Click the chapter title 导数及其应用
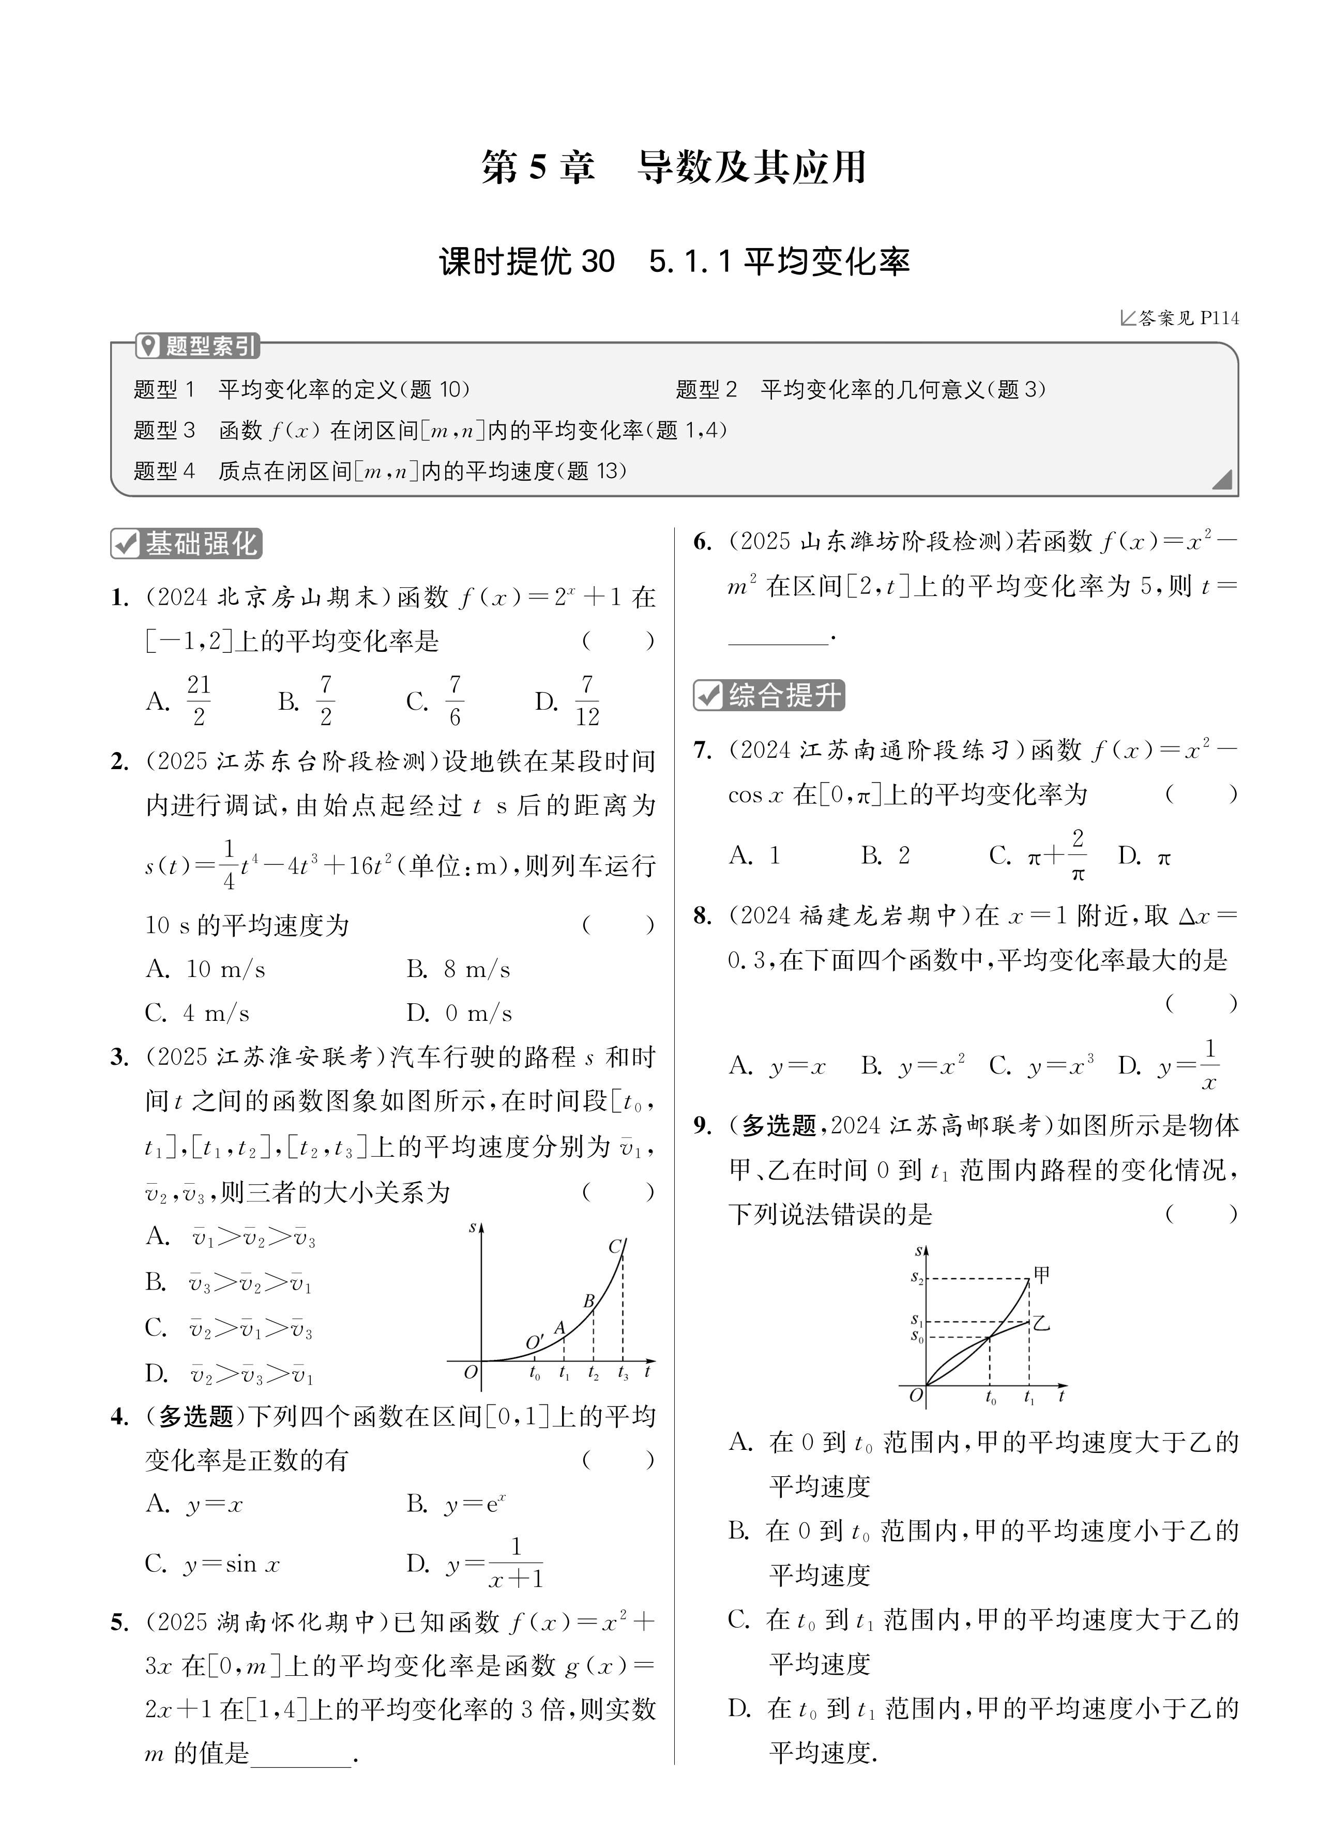[x=752, y=167]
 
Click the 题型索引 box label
[x=199, y=347]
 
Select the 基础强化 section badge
[x=187, y=543]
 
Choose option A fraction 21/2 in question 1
[x=180, y=700]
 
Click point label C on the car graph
[x=615, y=1247]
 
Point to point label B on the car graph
[x=589, y=1302]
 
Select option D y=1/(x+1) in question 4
[x=476, y=1563]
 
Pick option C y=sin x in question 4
[x=213, y=1563]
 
